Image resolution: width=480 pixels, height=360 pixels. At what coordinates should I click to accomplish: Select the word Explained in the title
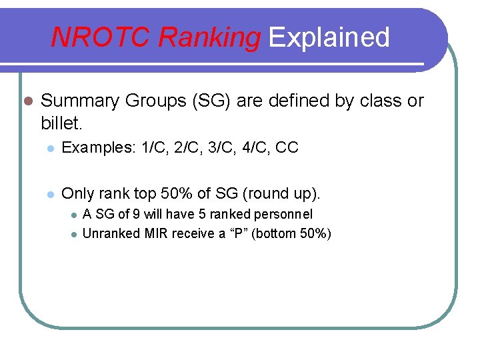[329, 37]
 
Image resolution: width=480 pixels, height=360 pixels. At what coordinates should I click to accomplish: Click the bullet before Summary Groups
[27, 101]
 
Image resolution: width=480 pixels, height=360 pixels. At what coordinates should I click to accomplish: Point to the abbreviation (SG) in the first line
[210, 101]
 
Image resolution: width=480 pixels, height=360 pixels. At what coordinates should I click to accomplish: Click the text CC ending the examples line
[287, 148]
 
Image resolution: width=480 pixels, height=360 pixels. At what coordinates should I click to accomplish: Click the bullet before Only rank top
[50, 195]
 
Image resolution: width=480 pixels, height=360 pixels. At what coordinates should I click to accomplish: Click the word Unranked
[111, 233]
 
